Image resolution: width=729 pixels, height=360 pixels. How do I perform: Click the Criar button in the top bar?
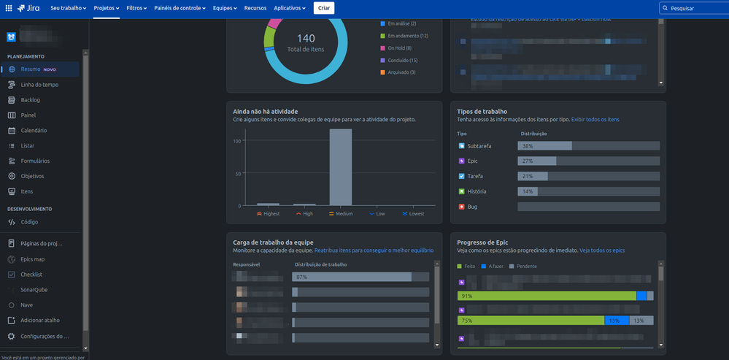coord(324,8)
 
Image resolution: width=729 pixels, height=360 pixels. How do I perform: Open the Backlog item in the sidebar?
coord(30,100)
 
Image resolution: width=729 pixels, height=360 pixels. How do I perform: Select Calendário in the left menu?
coord(34,131)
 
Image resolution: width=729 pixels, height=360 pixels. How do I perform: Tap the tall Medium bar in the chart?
coord(341,167)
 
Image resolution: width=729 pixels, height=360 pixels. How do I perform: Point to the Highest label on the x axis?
coord(269,214)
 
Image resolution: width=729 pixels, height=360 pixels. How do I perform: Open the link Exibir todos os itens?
coord(595,119)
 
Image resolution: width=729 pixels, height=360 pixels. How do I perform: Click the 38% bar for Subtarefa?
coord(544,146)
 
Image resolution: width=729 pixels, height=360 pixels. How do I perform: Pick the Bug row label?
coord(472,207)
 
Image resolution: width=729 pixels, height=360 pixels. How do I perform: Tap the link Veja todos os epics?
coord(602,250)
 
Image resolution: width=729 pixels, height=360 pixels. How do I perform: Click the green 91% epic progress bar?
coord(547,296)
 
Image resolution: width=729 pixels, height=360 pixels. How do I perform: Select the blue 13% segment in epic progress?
coord(614,321)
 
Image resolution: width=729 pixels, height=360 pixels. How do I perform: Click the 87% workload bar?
coord(351,277)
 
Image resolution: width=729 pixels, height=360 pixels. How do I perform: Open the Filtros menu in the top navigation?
coord(136,8)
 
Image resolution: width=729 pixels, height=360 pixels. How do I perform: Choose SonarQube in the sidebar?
coord(34,290)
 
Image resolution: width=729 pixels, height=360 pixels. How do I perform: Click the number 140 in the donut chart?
coord(306,37)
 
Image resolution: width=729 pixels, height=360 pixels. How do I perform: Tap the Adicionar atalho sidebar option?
coord(40,321)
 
